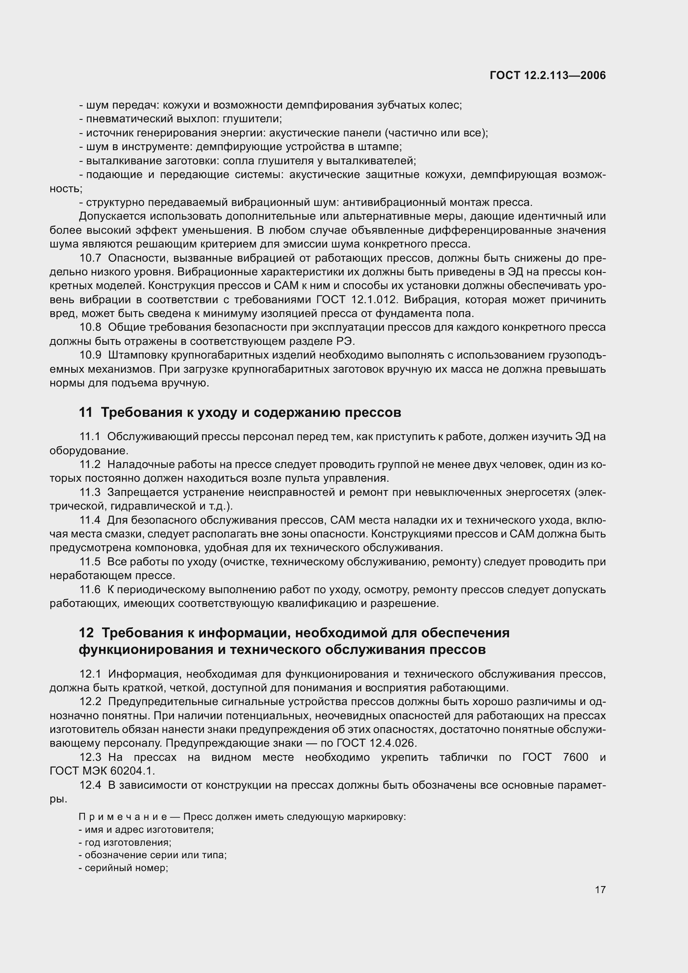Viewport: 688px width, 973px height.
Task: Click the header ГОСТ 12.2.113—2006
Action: coord(548,75)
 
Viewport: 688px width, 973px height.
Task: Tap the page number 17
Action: coord(600,889)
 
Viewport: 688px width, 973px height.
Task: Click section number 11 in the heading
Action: coord(86,412)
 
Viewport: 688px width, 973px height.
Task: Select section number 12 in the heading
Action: coord(86,633)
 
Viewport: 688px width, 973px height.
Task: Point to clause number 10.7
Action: coord(90,258)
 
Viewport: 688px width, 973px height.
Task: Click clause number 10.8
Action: coord(90,327)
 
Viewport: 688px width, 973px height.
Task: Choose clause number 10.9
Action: coord(90,355)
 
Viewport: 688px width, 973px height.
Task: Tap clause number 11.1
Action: coord(90,436)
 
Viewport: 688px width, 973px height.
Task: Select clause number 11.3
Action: coord(90,493)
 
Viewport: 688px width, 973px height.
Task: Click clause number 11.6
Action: coord(90,590)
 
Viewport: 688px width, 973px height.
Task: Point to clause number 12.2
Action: coord(90,702)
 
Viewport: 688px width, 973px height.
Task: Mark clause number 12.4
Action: coord(90,785)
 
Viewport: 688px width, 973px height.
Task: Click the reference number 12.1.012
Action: coord(374,300)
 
